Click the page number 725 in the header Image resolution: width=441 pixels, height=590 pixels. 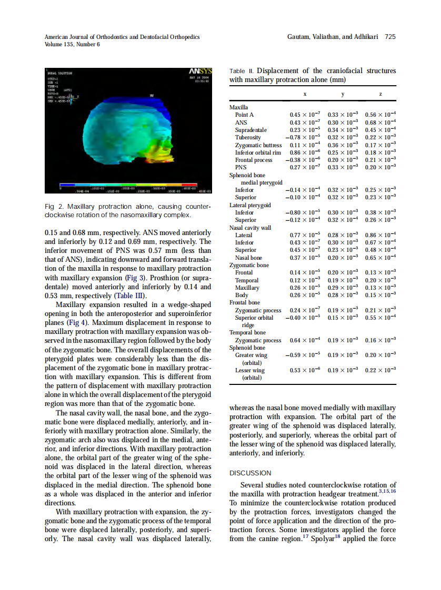[x=390, y=37]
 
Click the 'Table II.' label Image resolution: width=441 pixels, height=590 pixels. [x=242, y=71]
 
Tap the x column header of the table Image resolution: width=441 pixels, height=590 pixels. [x=305, y=94]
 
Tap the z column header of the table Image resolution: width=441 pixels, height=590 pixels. [x=380, y=94]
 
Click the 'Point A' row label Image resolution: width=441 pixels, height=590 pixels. [x=244, y=115]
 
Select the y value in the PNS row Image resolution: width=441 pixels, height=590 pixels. [x=343, y=167]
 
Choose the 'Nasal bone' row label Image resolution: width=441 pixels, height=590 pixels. [x=248, y=258]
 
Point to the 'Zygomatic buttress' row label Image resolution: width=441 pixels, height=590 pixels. [x=258, y=145]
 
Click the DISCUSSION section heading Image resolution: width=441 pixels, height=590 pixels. [x=250, y=473]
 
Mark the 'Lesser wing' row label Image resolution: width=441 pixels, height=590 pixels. [x=250, y=370]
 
